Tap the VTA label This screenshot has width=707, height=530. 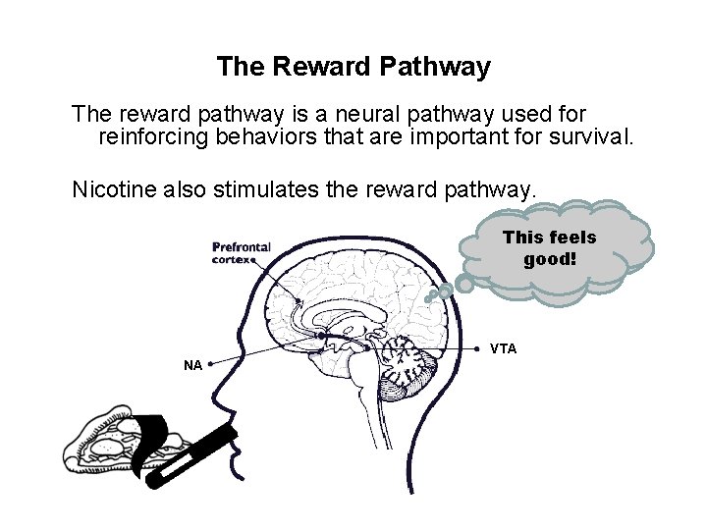[x=503, y=349]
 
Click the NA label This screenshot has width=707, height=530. [x=192, y=365]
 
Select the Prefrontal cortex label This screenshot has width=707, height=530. [x=242, y=253]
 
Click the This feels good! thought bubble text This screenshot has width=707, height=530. [x=549, y=247]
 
